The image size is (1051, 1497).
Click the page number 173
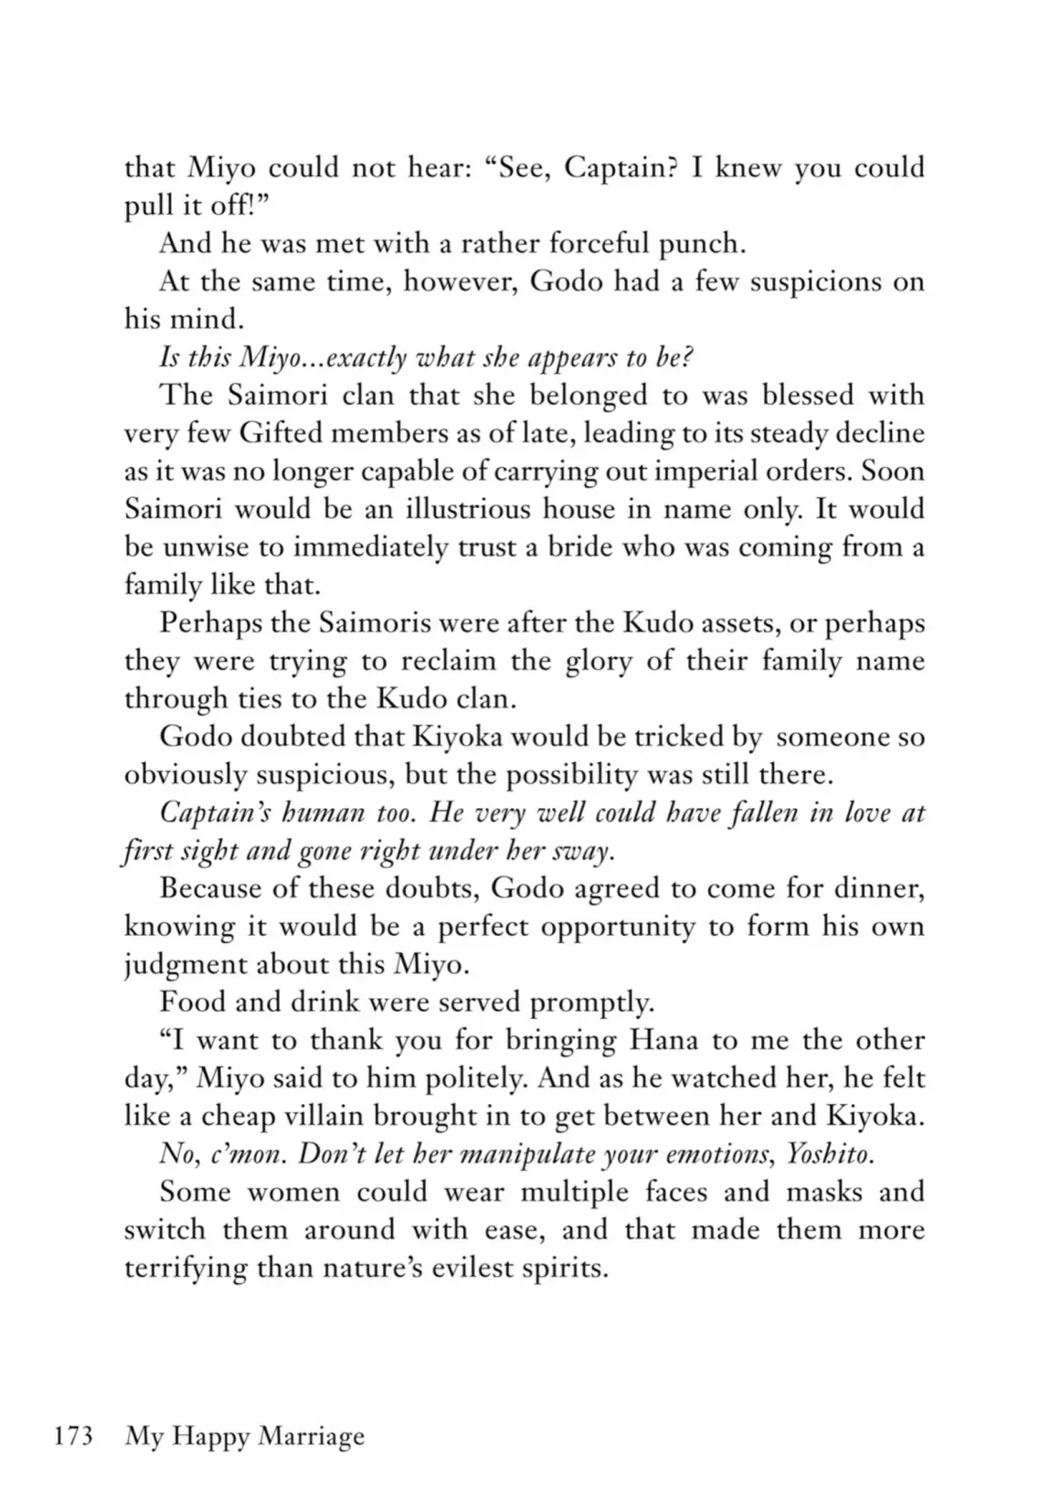74,1437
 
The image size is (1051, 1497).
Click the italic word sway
582,852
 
